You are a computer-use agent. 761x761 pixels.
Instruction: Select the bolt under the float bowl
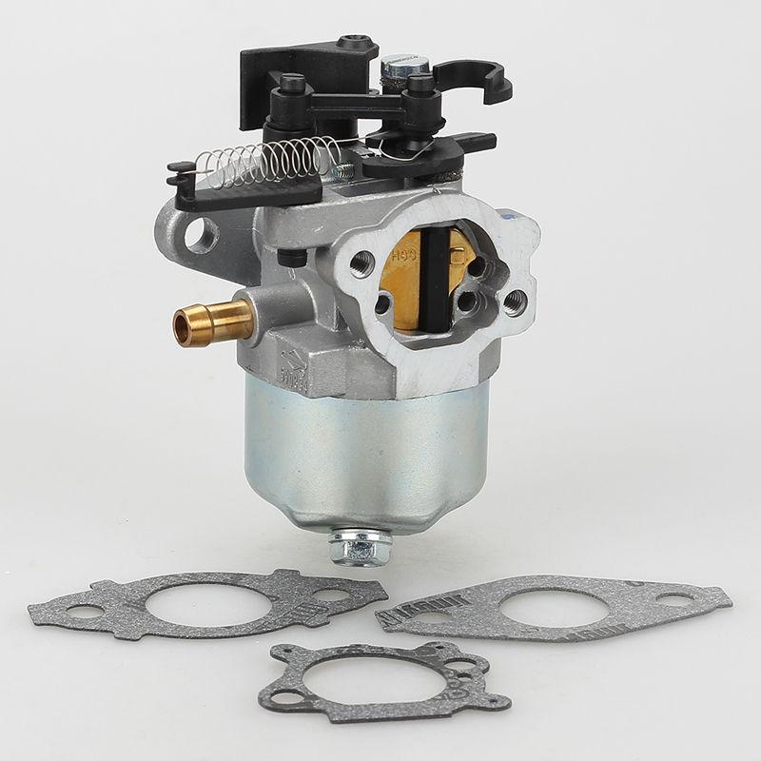[x=361, y=545]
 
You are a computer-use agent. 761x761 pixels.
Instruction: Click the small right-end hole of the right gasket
[x=676, y=600]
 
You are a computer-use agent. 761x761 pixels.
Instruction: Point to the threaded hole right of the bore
[x=515, y=302]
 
